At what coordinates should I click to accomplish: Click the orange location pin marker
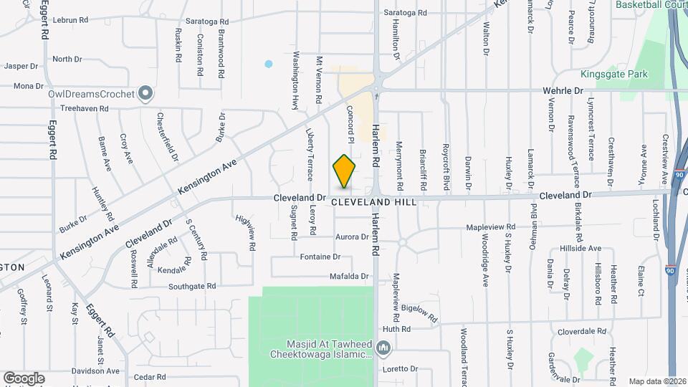pyautogui.click(x=345, y=172)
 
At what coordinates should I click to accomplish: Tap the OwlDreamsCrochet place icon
pyautogui.click(x=145, y=94)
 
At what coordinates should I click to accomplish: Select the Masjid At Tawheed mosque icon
pyautogui.click(x=384, y=349)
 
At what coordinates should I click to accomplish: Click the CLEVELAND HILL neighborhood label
pyautogui.click(x=374, y=203)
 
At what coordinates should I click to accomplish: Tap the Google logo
pyautogui.click(x=24, y=378)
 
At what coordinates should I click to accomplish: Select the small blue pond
pyautogui.click(x=269, y=64)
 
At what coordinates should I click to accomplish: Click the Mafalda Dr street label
pyautogui.click(x=348, y=276)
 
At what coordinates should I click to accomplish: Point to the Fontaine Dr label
pyautogui.click(x=320, y=256)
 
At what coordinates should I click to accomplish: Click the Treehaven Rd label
pyautogui.click(x=84, y=109)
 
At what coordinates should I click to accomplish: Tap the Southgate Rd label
pyautogui.click(x=192, y=286)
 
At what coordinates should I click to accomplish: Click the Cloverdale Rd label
pyautogui.click(x=582, y=332)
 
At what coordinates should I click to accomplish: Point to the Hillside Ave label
pyautogui.click(x=581, y=248)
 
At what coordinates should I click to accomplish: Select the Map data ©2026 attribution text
pyautogui.click(x=656, y=381)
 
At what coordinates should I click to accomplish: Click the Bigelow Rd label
pyautogui.click(x=419, y=311)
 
